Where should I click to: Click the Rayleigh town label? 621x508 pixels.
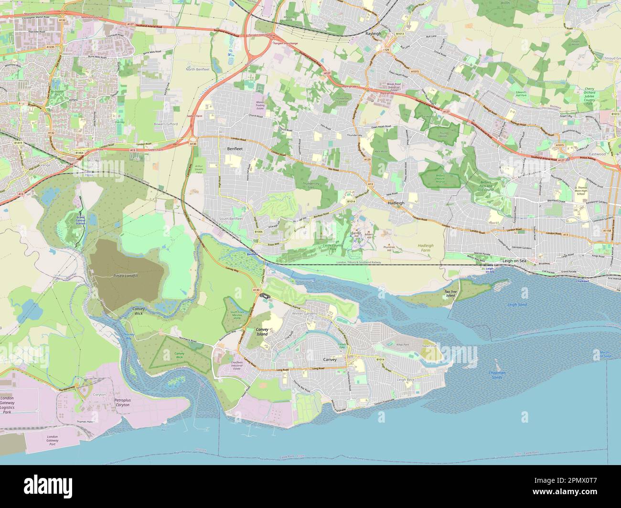pyautogui.click(x=373, y=34)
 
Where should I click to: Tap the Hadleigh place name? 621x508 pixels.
pyautogui.click(x=396, y=203)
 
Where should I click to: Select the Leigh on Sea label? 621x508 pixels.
pyautogui.click(x=514, y=261)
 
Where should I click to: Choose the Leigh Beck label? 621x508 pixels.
pyautogui.click(x=406, y=379)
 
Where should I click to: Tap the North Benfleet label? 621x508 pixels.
pyautogui.click(x=197, y=70)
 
